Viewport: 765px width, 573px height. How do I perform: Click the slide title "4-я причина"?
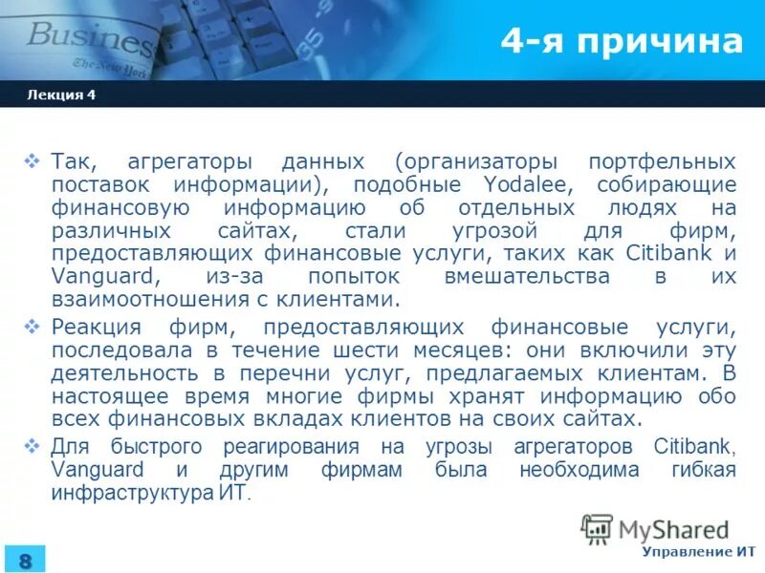622,43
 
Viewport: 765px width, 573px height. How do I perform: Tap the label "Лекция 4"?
62,95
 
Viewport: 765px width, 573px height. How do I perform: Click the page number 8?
25,560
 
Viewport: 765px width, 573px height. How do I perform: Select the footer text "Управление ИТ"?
698,552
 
